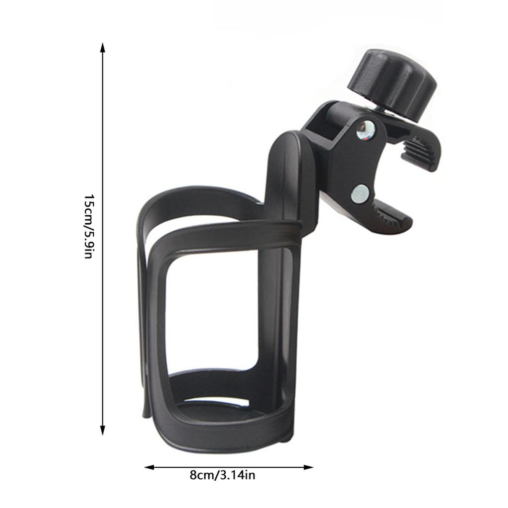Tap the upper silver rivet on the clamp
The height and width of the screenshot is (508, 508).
[x=366, y=129]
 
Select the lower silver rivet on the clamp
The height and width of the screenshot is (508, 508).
[x=360, y=193]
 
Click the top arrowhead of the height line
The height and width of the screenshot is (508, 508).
[x=103, y=48]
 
